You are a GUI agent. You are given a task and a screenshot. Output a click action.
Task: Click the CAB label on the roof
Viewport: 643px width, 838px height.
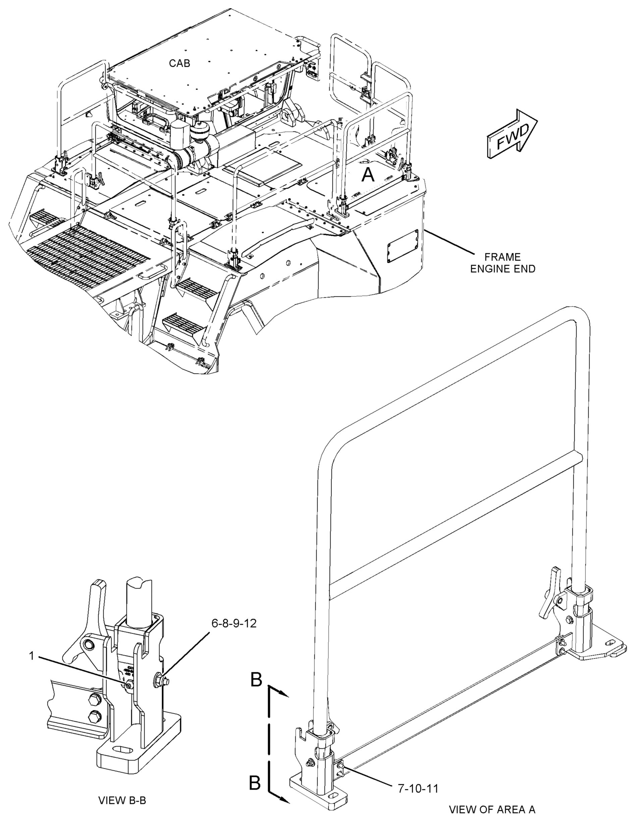(x=179, y=63)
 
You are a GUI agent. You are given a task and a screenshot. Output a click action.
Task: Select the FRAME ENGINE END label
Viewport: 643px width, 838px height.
(x=502, y=263)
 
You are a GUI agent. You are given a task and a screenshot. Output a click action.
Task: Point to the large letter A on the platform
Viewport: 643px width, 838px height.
(x=368, y=175)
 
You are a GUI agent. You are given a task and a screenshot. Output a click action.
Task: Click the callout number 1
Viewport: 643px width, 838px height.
(x=32, y=656)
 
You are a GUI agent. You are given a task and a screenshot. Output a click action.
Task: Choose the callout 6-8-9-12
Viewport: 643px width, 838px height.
(x=234, y=624)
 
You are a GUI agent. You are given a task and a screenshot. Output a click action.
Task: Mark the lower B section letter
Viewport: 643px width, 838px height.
(x=255, y=783)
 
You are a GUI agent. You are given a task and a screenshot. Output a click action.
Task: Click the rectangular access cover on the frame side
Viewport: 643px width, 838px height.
(x=402, y=246)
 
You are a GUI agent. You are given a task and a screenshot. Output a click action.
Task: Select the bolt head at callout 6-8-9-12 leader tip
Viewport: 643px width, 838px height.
(x=161, y=680)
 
